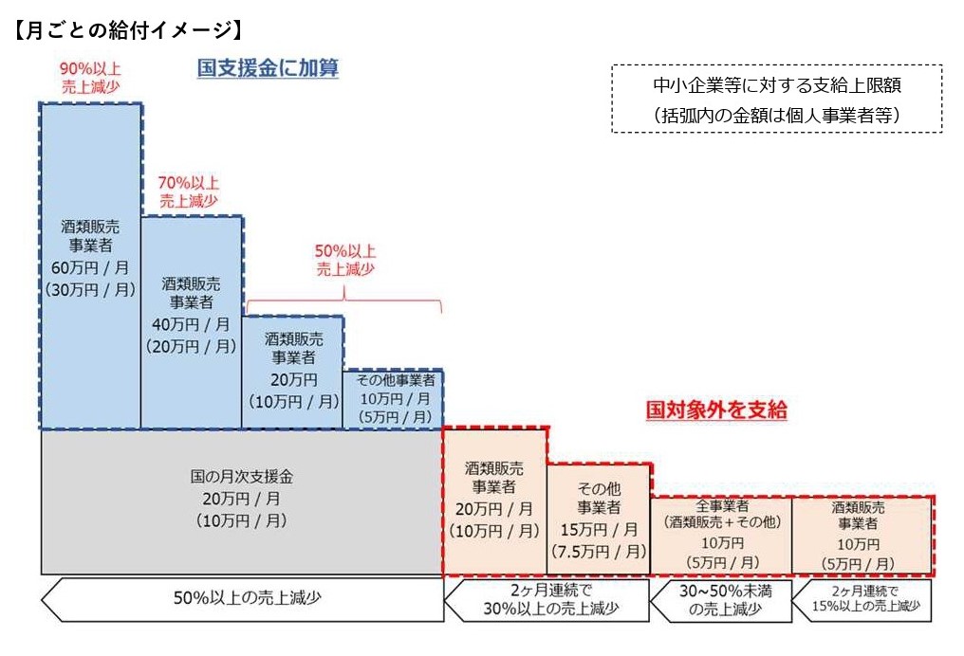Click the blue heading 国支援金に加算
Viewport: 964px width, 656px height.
[x=268, y=68]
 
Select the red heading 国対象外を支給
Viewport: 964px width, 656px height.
[x=716, y=410]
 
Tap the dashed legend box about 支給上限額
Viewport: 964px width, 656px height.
[x=776, y=99]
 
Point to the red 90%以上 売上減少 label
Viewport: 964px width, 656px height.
[x=90, y=76]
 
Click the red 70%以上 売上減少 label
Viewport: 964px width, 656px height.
[x=190, y=191]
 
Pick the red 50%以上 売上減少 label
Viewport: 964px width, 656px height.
[x=345, y=260]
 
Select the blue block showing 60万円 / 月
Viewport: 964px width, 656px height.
[x=90, y=265]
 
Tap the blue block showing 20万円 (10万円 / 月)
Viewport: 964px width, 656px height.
[x=293, y=372]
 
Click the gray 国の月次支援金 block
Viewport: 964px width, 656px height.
[x=241, y=501]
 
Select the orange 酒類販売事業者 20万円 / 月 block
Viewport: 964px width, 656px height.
[x=495, y=502]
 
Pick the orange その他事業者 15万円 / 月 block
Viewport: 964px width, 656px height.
[x=599, y=519]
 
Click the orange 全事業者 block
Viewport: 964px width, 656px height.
[x=721, y=536]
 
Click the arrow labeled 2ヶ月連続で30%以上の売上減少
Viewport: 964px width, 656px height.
[x=547, y=599]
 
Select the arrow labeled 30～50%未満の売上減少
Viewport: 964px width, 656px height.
[x=721, y=600]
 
